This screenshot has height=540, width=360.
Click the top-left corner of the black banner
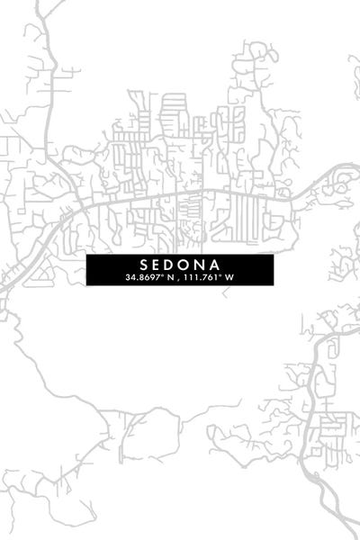[87, 255]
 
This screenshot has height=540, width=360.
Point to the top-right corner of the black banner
[273, 255]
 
